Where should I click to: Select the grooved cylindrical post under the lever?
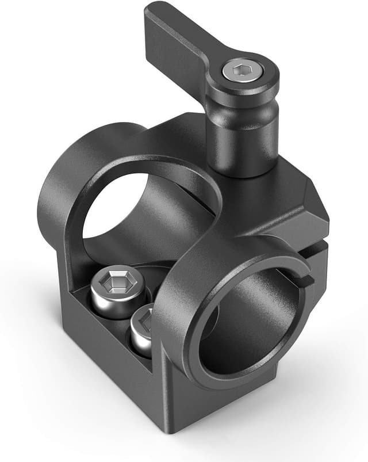coord(241,132)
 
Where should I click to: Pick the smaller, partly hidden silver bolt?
coord(140,331)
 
